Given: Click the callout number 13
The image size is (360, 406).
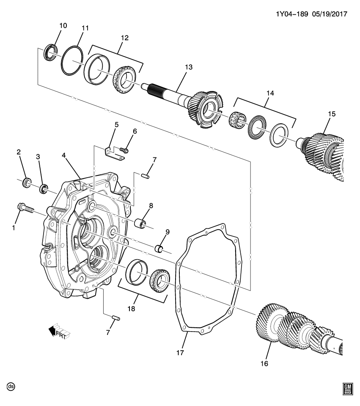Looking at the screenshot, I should click(x=188, y=67).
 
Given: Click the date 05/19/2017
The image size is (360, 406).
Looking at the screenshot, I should click(x=330, y=14).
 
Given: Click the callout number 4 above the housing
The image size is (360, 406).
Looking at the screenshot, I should click(x=63, y=156).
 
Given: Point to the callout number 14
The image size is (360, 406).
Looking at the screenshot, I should click(x=269, y=93).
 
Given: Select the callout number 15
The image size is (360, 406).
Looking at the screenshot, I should click(x=331, y=114).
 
